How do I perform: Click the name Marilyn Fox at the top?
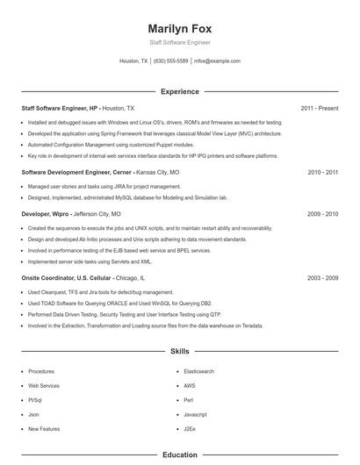[180, 28]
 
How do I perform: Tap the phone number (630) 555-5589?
[170, 61]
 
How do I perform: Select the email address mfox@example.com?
[217, 61]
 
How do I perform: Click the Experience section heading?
[180, 91]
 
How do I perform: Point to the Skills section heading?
[180, 352]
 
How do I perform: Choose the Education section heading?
[180, 455]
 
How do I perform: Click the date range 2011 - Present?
[320, 108]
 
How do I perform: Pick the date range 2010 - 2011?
[323, 173]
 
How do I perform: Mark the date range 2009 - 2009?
[323, 213]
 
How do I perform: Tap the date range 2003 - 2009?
[323, 278]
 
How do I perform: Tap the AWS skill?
[190, 385]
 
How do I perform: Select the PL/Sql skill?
[36, 400]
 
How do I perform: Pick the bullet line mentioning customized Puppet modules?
[111, 144]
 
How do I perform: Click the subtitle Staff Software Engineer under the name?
[180, 42]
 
